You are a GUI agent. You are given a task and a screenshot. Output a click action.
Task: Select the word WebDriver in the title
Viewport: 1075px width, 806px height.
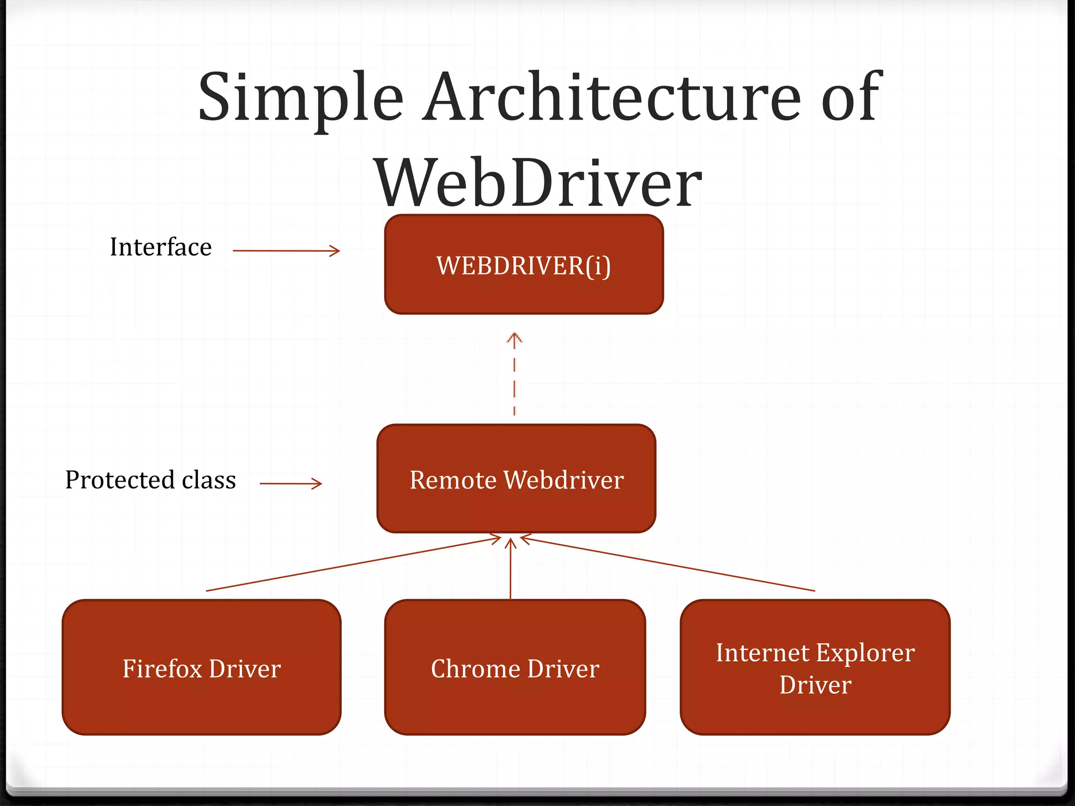(x=537, y=184)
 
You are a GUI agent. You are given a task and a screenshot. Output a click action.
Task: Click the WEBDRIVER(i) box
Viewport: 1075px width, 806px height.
(x=524, y=264)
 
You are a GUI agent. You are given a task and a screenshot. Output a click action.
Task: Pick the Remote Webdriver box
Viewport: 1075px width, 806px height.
(x=517, y=479)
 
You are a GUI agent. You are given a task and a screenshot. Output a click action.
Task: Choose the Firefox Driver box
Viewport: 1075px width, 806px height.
(x=202, y=667)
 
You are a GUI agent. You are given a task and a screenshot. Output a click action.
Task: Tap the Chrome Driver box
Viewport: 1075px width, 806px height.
(x=515, y=667)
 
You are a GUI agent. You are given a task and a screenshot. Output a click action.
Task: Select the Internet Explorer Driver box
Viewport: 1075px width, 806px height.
(x=815, y=667)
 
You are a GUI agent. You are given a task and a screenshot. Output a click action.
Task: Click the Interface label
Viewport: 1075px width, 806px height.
(x=161, y=247)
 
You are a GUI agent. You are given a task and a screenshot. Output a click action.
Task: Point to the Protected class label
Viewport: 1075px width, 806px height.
(x=151, y=480)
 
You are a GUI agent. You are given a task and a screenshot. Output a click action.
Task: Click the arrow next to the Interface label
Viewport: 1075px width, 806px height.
(x=286, y=251)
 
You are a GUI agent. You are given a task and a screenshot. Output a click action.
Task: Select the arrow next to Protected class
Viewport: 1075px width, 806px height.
(x=290, y=483)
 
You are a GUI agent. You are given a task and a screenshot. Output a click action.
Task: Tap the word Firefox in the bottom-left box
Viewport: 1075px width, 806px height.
(x=162, y=669)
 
